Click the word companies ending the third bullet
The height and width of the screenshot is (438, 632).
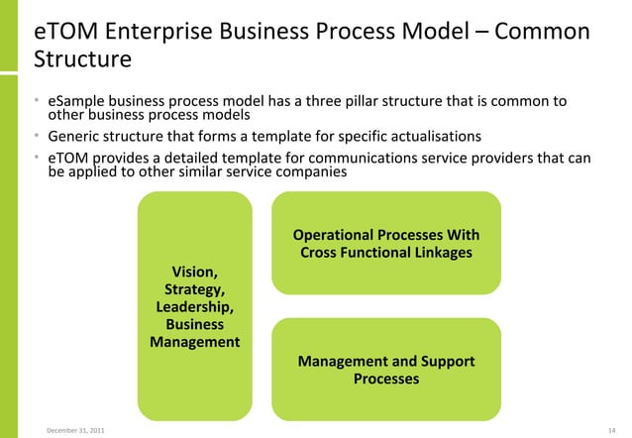315,171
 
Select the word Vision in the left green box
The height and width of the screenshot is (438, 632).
193,272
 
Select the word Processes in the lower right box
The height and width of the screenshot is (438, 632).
385,379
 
